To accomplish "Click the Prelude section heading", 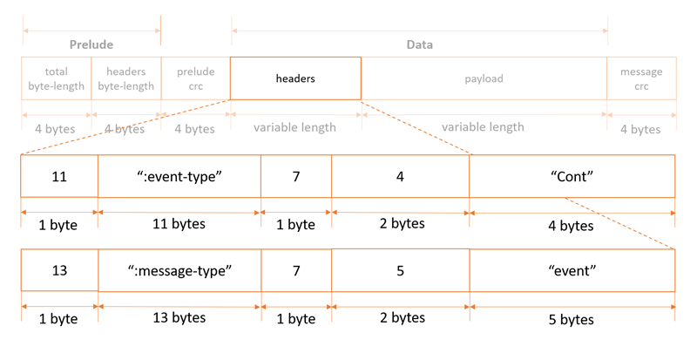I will [91, 44].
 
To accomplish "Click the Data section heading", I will [420, 44].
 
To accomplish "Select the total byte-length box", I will [56, 78].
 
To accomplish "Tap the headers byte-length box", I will [126, 78].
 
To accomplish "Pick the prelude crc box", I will [195, 78].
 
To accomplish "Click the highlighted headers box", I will [295, 78].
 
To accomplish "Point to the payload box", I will [484, 78].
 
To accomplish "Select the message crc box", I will [641, 78].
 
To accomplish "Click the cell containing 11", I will [59, 176].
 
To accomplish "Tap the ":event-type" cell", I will [179, 176].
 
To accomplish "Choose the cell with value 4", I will [400, 176].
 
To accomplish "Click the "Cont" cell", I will [572, 176].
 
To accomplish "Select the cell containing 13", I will [59, 270].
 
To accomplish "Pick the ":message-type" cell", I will [179, 270].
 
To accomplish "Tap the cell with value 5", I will [400, 270].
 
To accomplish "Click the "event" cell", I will [572, 270].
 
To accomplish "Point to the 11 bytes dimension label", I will [179, 224].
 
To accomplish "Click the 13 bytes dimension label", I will [179, 318].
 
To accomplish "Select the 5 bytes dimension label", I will [572, 319].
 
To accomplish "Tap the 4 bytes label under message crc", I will [640, 129].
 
